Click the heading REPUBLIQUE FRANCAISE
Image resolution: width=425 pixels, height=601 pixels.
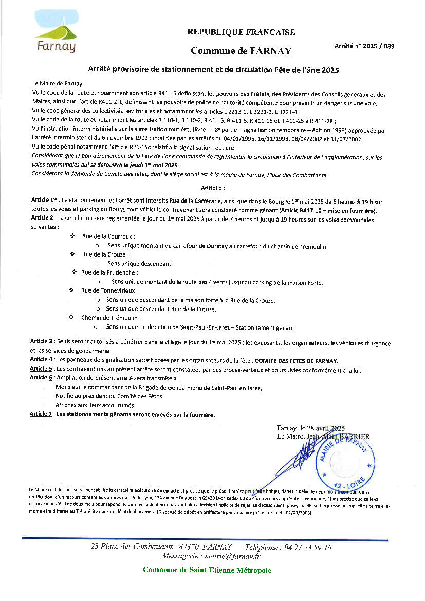point(241,32)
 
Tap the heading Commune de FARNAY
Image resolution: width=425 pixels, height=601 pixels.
point(241,51)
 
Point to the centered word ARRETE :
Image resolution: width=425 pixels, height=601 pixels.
point(212,189)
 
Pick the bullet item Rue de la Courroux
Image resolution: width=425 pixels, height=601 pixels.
point(108,236)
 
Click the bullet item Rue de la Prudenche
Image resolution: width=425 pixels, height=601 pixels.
point(109,272)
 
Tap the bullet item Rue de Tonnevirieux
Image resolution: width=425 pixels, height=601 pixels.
point(109,290)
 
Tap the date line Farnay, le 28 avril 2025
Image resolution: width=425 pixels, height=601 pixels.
point(310,428)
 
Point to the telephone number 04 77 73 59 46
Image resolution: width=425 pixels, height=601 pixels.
point(307,547)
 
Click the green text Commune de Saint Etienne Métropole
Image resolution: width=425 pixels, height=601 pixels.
point(207,570)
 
